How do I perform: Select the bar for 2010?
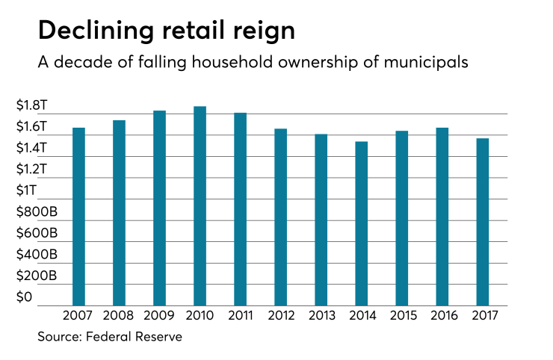(200, 206)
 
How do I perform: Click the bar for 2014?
(361, 223)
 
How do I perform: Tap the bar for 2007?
(78, 217)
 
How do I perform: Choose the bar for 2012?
(280, 217)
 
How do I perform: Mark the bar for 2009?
(159, 208)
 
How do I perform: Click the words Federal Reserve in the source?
(135, 337)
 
